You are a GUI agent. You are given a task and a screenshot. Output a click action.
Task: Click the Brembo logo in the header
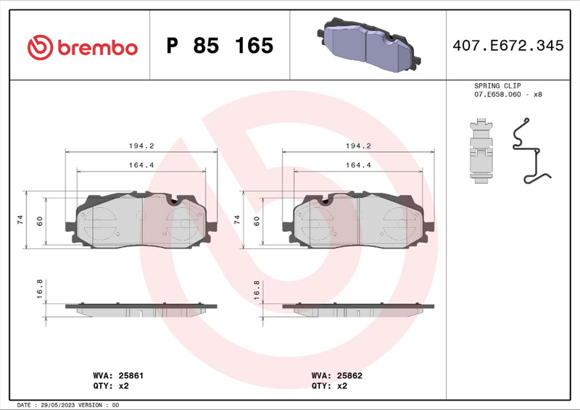pos(82,47)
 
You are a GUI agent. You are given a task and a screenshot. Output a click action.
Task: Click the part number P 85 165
pos(220,46)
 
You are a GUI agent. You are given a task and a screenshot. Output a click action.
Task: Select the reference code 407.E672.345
pos(507,46)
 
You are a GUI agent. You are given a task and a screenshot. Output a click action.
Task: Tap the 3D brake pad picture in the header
pos(365,44)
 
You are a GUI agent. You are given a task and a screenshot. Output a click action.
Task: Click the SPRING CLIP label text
pos(497,85)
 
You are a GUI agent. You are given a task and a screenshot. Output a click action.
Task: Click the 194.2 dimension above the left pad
pos(141,146)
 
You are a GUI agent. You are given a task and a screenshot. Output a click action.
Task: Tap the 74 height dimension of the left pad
pos(20,219)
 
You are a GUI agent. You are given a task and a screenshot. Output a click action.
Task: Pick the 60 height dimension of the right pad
pos(257,220)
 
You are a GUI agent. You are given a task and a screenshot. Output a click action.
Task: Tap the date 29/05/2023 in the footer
pos(59,404)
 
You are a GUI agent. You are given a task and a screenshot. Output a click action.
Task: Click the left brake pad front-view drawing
pos(142,220)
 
